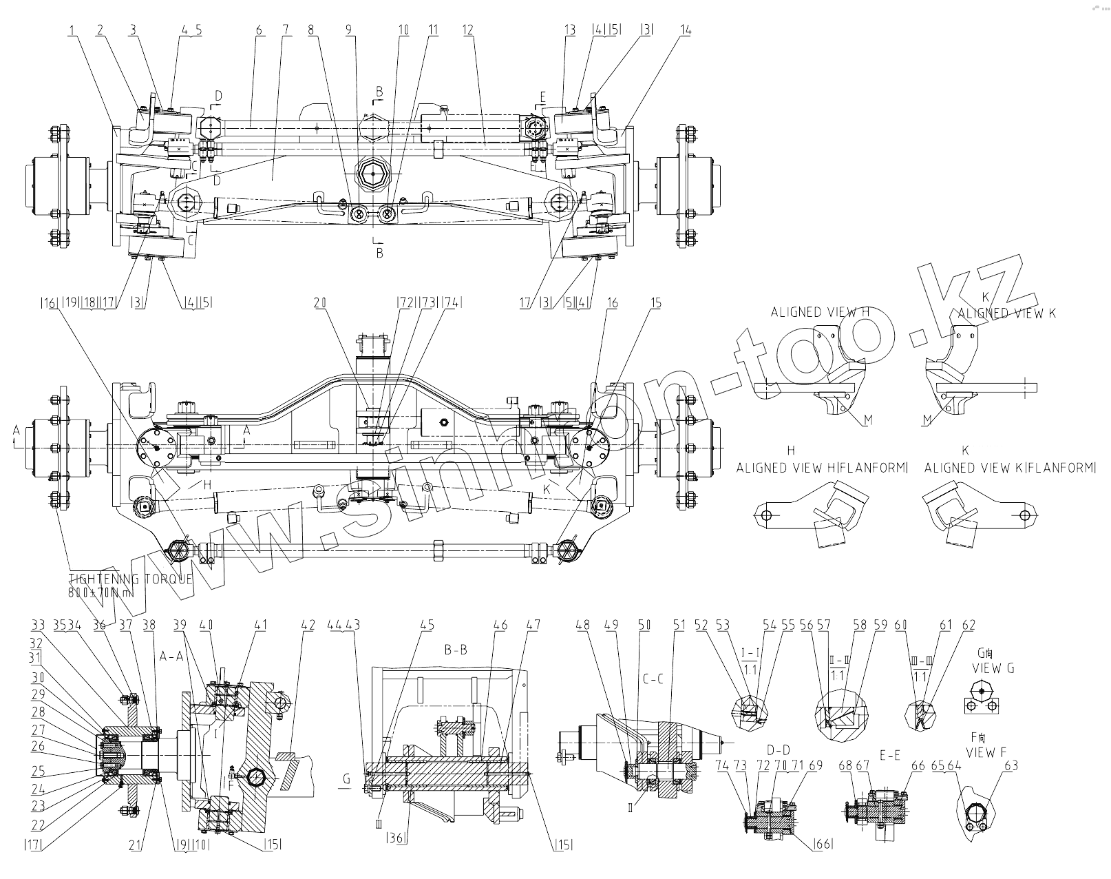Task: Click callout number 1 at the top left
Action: point(72,30)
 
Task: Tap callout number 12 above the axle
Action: point(468,30)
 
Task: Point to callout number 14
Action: point(685,30)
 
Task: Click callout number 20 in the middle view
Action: point(319,302)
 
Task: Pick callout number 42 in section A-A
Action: point(308,625)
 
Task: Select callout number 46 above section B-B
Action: point(500,625)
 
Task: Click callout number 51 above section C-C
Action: point(679,625)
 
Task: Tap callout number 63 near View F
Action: point(1011,766)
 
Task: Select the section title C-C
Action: point(653,679)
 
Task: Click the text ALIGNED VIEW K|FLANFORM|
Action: point(1009,468)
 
